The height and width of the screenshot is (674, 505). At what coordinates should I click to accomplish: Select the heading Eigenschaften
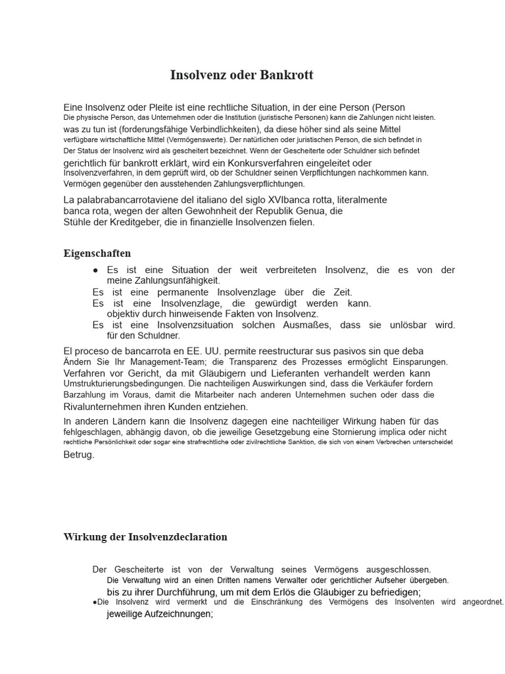pyautogui.click(x=97, y=253)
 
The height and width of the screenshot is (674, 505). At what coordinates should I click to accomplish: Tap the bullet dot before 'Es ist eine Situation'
pyautogui.click(x=96, y=271)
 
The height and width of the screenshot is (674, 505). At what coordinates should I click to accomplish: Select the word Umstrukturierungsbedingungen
pyautogui.click(x=124, y=384)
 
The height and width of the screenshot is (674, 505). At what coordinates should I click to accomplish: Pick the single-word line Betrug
pyautogui.click(x=79, y=454)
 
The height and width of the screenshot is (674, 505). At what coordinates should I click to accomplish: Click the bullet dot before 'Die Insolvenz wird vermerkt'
pyautogui.click(x=95, y=602)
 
